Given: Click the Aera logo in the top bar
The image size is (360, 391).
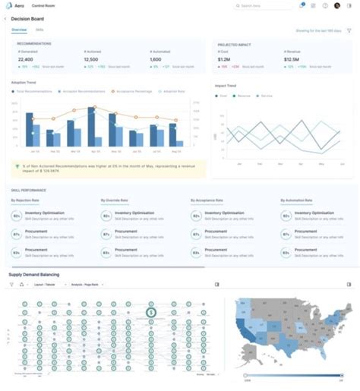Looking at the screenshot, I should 11,5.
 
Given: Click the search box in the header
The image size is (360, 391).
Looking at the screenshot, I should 263,5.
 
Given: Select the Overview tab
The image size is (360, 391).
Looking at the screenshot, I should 19,30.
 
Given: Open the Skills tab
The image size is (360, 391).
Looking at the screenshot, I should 39,30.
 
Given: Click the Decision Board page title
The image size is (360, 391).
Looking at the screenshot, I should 27,17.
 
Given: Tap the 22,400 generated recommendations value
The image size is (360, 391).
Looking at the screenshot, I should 25,58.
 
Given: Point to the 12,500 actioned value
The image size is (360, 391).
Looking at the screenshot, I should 90,58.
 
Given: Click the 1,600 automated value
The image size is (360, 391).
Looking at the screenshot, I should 156,58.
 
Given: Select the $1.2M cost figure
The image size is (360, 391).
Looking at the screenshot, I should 225,58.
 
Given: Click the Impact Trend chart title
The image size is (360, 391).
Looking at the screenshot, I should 226,84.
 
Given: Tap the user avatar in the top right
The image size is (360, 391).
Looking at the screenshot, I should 336,5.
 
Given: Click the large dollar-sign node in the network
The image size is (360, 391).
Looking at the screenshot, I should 151,311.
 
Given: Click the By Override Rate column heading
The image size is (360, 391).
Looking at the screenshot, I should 116,200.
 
